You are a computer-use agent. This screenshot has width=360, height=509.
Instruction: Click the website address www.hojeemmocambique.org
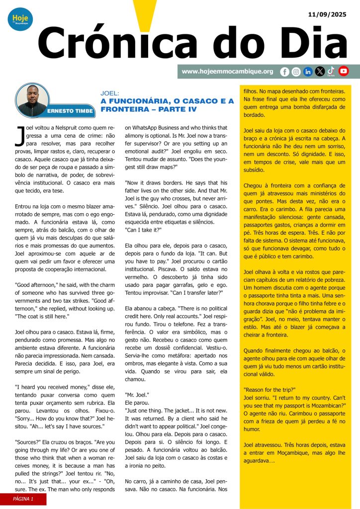(x=227, y=72)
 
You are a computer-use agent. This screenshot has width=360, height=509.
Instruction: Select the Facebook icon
(x=284, y=72)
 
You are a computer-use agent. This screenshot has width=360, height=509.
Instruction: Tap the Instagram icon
(x=296, y=72)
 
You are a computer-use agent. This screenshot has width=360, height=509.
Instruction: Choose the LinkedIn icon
(x=308, y=72)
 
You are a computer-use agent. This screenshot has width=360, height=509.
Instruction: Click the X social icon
(x=320, y=72)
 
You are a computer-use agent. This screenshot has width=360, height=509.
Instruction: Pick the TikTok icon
(x=331, y=71)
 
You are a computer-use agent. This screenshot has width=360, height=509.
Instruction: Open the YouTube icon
(x=344, y=71)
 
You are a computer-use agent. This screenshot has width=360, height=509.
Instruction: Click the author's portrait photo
(x=33, y=100)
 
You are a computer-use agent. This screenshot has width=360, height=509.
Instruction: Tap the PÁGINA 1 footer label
(x=23, y=499)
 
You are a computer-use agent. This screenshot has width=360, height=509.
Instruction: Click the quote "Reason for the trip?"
(x=268, y=389)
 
